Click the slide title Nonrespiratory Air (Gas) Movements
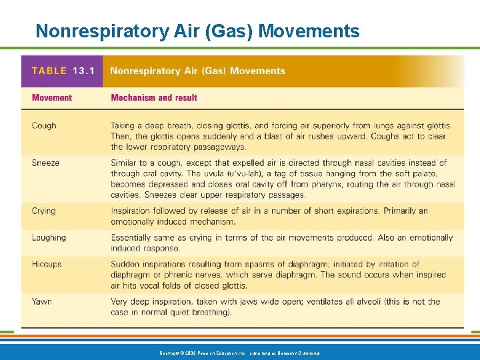197,31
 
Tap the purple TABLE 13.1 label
59,71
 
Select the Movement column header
51,97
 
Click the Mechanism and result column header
154,97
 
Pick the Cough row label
44,125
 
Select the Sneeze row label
45,163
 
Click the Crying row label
43,211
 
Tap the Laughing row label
49,237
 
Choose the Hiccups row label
47,264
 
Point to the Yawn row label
41,301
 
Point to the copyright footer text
239,352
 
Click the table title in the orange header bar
197,71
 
